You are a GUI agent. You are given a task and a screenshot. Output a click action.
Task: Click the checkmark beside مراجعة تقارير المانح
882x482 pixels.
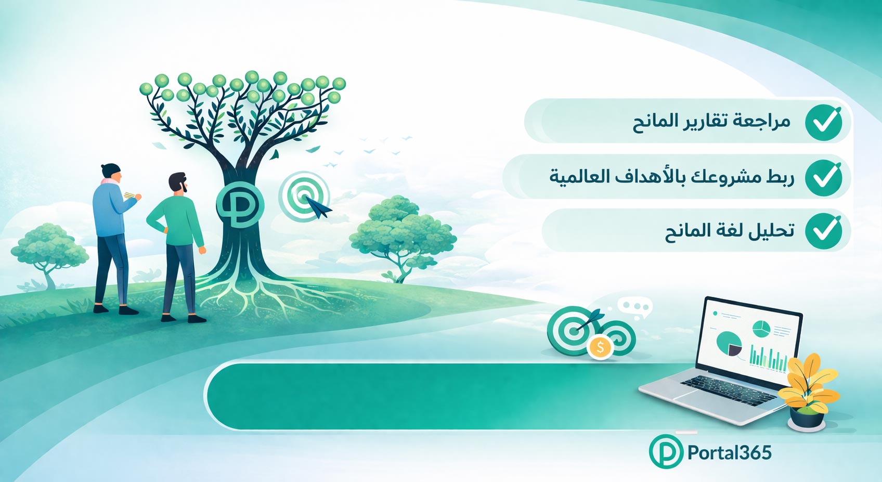(823, 122)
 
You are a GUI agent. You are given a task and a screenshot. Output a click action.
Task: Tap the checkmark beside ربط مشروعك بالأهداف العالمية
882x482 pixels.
(823, 178)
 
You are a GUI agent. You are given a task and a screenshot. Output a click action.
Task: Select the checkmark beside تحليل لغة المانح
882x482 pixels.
(823, 231)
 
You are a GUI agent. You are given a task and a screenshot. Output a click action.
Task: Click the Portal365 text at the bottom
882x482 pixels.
(729, 453)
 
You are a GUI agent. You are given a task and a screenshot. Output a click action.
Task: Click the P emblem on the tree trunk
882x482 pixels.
(240, 205)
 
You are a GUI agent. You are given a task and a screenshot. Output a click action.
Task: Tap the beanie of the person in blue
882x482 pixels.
(110, 170)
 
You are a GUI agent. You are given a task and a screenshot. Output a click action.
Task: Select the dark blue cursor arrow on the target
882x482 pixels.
(319, 207)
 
